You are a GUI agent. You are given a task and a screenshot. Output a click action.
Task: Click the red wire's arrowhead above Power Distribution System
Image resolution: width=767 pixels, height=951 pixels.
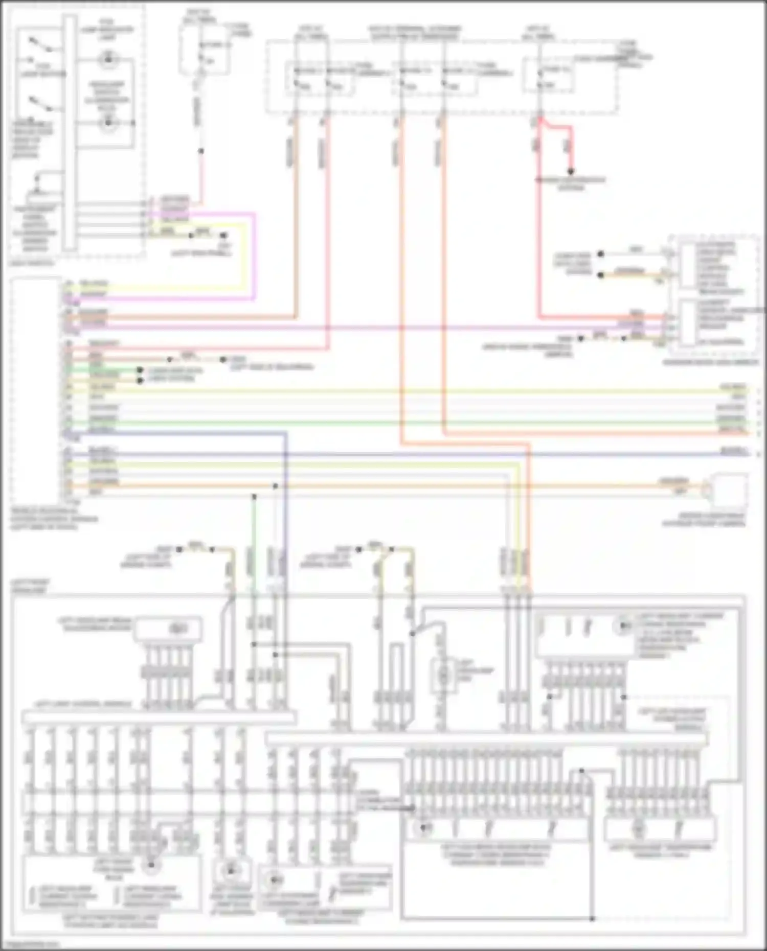tap(571, 172)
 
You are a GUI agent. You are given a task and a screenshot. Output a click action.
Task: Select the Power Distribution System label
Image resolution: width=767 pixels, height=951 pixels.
tap(570, 184)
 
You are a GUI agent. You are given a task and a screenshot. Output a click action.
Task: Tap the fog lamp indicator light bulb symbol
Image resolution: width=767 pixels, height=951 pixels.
tap(108, 60)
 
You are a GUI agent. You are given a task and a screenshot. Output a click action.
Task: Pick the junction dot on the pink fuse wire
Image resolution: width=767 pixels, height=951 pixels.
tap(201, 151)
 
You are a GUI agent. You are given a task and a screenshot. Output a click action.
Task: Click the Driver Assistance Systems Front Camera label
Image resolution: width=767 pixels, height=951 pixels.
tap(703, 520)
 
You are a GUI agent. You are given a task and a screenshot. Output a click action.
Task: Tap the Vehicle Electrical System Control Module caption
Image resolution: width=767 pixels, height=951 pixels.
tap(54, 519)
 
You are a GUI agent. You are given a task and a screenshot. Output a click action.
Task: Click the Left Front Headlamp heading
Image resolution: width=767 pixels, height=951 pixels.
tap(30, 586)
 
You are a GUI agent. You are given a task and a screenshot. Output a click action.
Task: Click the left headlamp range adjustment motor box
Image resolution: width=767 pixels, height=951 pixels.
tap(168, 630)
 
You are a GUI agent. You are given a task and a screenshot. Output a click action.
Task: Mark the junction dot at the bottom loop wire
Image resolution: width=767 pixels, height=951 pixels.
tap(592, 918)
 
